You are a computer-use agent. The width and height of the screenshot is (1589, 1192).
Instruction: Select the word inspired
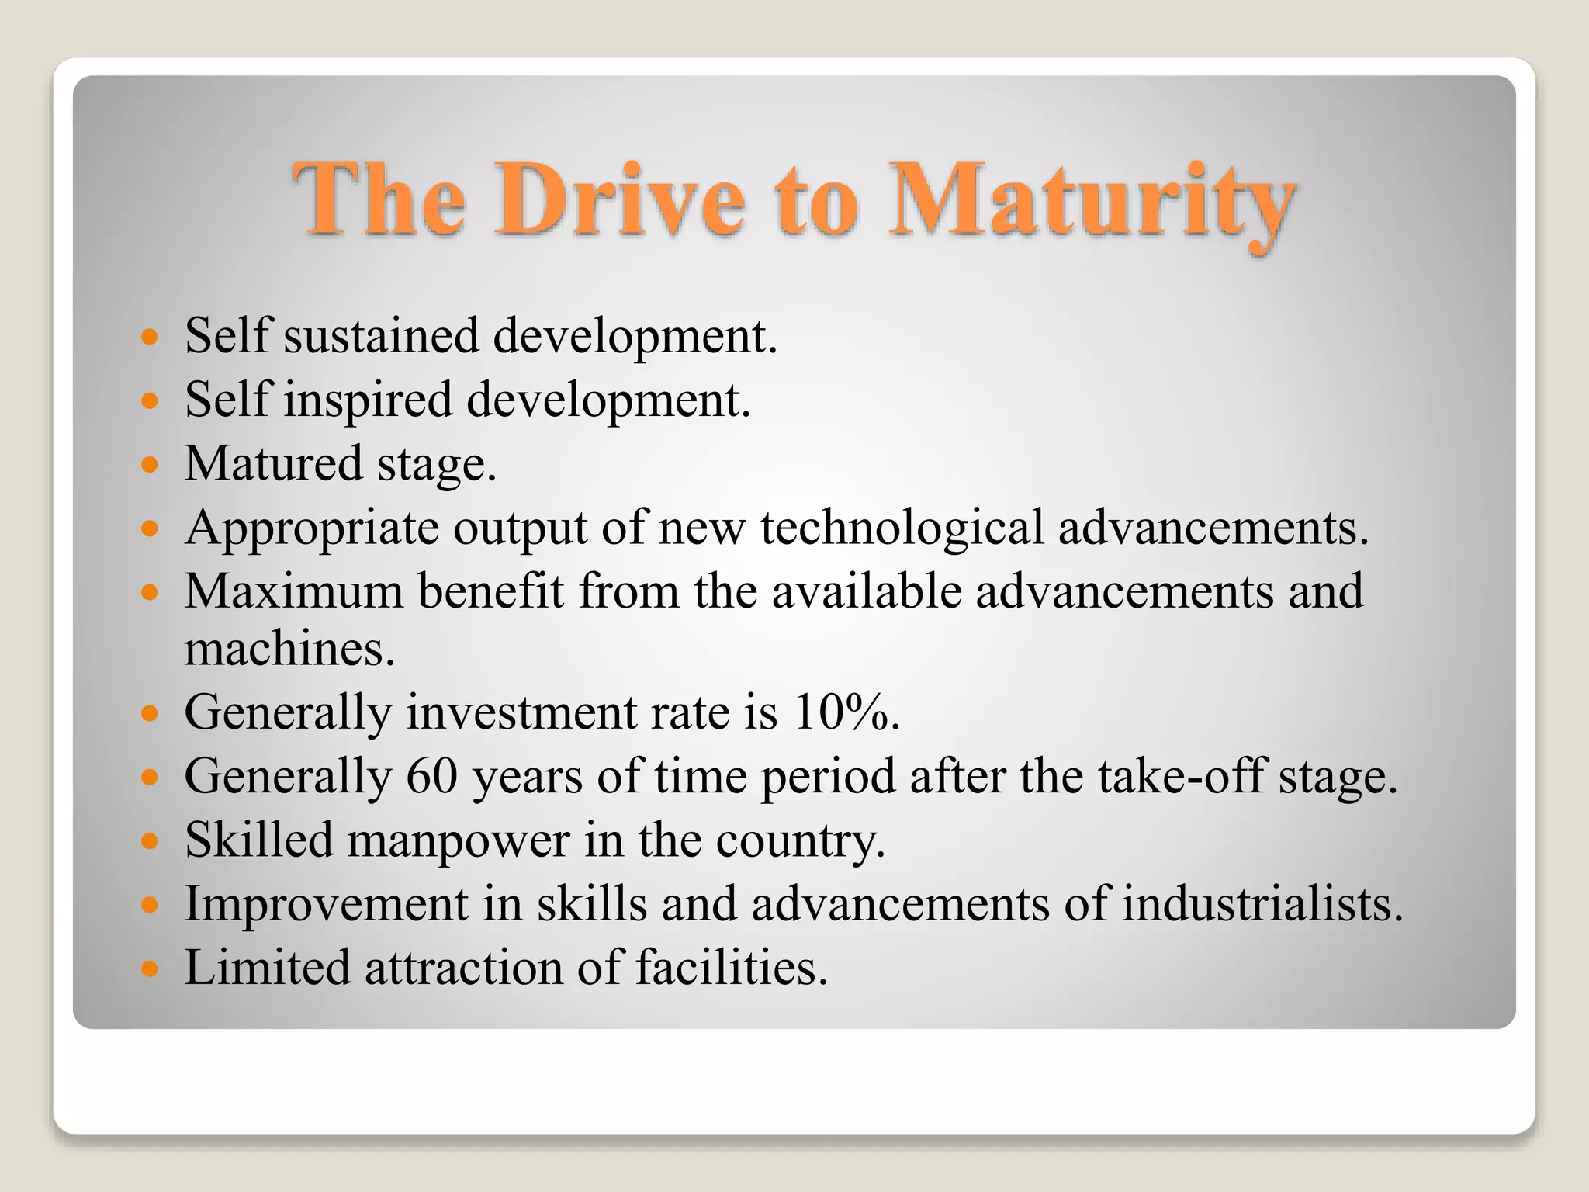point(367,400)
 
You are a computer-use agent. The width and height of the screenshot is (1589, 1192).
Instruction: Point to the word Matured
point(273,463)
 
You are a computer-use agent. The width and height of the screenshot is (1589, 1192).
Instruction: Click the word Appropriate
point(311,528)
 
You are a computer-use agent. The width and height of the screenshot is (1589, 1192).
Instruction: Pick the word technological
point(902,528)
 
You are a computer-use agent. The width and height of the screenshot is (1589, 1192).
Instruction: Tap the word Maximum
point(294,591)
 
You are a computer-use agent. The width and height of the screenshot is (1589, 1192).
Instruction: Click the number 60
point(431,775)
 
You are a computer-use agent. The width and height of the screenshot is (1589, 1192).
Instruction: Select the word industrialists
point(1262,904)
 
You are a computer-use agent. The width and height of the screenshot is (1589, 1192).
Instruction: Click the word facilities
point(732,968)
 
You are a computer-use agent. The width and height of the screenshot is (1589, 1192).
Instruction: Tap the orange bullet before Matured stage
point(150,466)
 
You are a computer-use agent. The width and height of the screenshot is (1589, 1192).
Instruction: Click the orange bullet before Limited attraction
point(150,969)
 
